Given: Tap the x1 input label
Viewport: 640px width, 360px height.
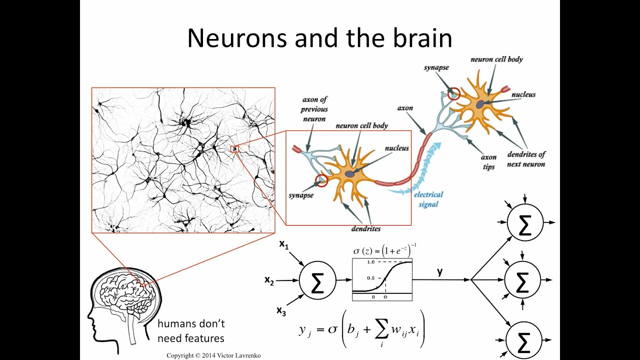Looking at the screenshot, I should tap(284, 244).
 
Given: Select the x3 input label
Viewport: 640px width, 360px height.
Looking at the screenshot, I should tap(281, 310).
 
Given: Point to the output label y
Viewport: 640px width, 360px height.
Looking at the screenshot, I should tap(440, 271).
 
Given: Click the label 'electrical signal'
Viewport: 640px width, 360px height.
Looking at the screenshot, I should tap(428, 199).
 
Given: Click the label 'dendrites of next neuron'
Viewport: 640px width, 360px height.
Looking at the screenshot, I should tap(526, 159).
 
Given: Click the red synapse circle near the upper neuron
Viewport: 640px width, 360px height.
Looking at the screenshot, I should tap(453, 93).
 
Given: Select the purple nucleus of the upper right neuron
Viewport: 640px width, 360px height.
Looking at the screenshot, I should tap(480, 104).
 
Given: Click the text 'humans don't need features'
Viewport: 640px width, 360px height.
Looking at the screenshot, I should tap(190, 331).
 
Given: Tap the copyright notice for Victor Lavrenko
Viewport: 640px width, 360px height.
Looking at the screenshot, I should tap(213, 355).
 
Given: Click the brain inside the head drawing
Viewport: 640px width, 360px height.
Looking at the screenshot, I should tap(125, 290).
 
